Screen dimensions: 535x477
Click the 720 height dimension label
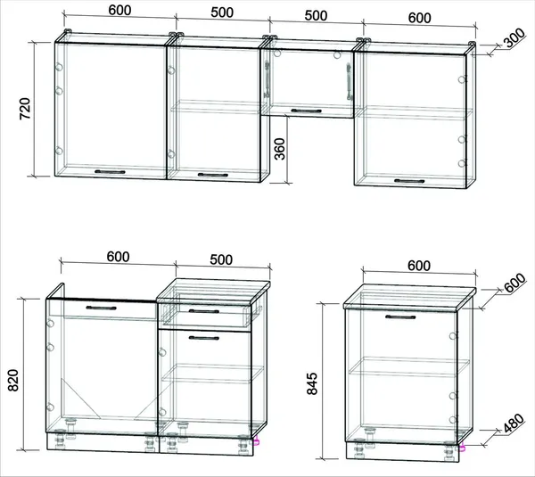(x=25, y=109)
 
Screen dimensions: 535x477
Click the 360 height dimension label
(x=280, y=149)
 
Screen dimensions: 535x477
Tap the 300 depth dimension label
(x=514, y=37)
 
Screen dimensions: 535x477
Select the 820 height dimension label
(x=13, y=380)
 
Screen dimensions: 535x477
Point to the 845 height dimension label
(x=312, y=383)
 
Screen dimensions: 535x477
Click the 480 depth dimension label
(x=514, y=424)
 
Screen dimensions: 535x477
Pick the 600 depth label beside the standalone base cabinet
(x=515, y=283)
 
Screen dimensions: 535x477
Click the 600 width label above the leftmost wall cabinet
(x=119, y=10)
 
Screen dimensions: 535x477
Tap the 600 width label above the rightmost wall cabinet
(x=419, y=18)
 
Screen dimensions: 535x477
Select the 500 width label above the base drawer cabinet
(x=221, y=259)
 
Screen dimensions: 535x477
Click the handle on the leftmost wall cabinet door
(x=110, y=172)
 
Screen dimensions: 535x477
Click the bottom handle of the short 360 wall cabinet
(x=306, y=111)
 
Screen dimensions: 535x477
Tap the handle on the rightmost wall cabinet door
(x=409, y=181)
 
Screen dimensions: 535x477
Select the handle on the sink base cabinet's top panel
(x=101, y=308)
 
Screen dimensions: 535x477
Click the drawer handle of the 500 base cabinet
(x=203, y=311)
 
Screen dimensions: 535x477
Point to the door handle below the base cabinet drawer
(x=203, y=338)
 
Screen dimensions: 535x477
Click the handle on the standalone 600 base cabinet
(x=400, y=317)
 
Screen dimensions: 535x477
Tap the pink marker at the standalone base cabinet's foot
(x=463, y=448)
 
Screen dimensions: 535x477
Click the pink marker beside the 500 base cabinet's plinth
(x=256, y=441)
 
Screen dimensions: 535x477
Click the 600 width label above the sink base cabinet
(x=118, y=257)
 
